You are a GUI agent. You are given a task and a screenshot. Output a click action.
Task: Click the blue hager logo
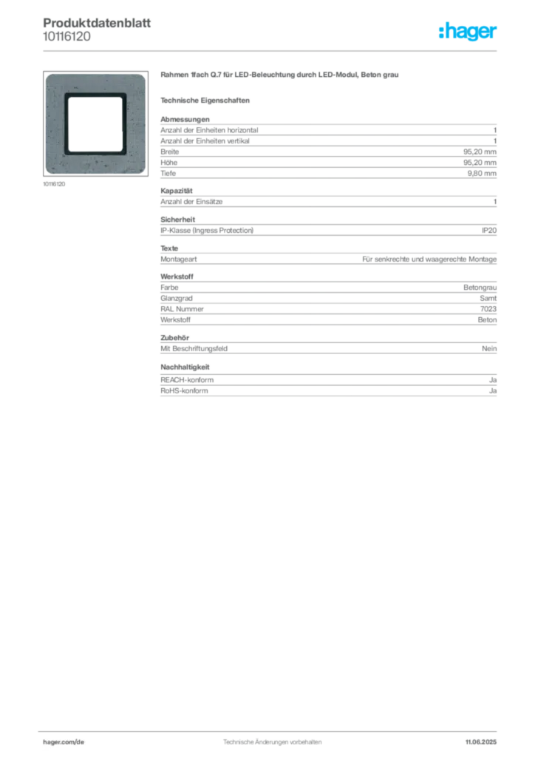(x=468, y=32)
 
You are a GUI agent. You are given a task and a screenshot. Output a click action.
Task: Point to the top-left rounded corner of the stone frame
(x=49, y=77)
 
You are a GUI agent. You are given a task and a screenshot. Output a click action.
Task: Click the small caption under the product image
(x=56, y=184)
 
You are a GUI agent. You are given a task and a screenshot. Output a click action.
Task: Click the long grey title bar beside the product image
(x=281, y=76)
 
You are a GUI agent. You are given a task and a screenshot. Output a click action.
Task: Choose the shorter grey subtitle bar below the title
(x=207, y=100)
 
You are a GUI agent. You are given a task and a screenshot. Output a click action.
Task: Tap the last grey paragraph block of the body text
(x=328, y=386)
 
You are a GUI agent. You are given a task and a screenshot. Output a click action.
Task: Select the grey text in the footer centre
(x=270, y=738)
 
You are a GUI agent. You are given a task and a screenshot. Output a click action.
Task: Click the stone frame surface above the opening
(x=95, y=83)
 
